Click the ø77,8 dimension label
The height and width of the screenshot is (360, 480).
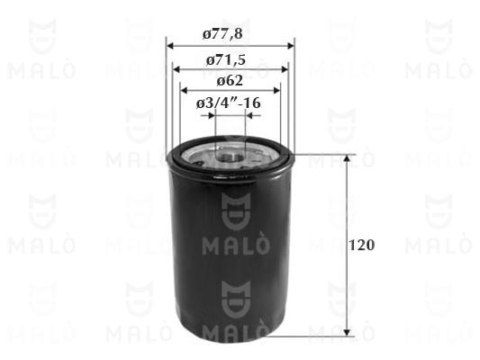(x=222, y=33)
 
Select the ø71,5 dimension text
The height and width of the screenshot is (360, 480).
(x=226, y=60)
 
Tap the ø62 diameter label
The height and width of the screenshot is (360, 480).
(x=230, y=81)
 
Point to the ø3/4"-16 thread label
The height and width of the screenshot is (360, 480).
(x=229, y=103)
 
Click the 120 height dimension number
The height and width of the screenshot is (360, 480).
(x=361, y=246)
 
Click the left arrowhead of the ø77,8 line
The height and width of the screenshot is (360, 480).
(x=170, y=46)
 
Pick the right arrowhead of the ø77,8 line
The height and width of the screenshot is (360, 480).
(x=290, y=46)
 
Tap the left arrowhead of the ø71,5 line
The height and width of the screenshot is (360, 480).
(x=177, y=69)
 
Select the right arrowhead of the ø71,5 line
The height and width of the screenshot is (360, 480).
(x=285, y=69)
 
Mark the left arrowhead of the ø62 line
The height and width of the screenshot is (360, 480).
(x=184, y=90)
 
